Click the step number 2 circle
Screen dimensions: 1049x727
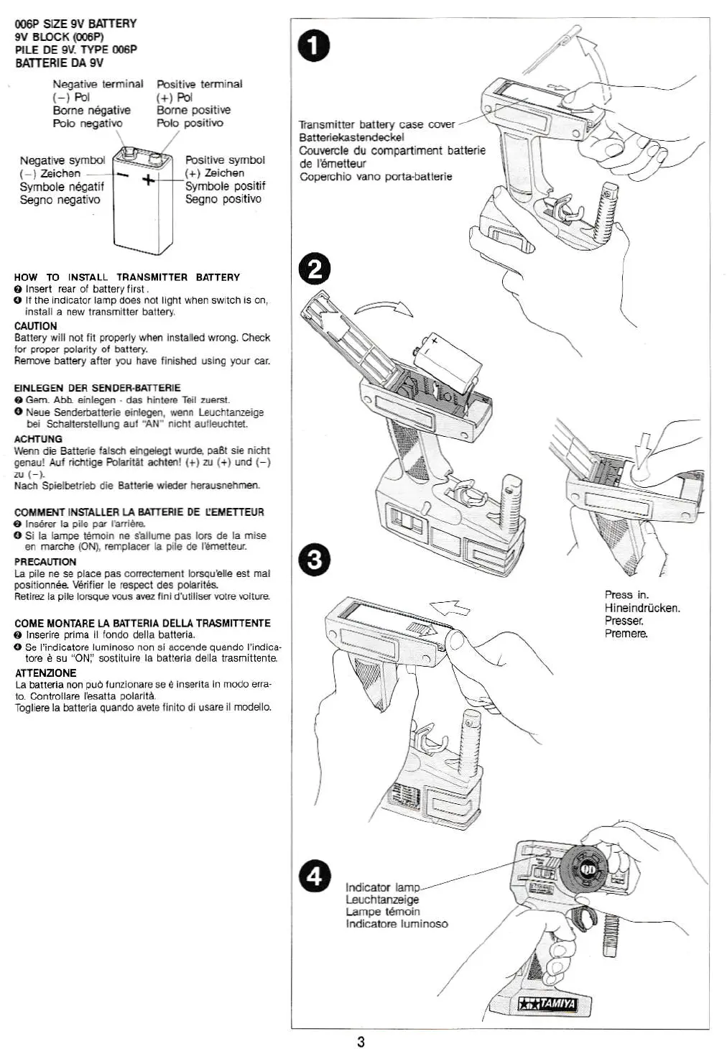[x=314, y=269]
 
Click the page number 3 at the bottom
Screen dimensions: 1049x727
[x=361, y=1042]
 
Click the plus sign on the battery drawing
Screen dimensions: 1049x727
[x=148, y=180]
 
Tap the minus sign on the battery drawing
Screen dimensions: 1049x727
[x=123, y=175]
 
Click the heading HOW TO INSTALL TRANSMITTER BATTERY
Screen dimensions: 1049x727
[x=127, y=277]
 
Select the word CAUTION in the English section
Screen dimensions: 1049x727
[x=35, y=325]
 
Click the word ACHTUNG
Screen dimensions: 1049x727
[x=38, y=439]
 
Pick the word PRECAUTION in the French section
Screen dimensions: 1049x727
[x=45, y=562]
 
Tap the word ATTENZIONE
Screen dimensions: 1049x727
[x=45, y=673]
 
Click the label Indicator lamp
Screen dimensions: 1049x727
[x=382, y=887]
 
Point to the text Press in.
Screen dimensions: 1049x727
[x=626, y=595]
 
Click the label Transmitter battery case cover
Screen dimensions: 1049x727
[x=377, y=124]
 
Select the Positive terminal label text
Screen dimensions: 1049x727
[x=200, y=84]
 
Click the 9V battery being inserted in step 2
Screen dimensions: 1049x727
[x=446, y=362]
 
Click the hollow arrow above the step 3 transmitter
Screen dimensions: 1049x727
[x=451, y=608]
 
